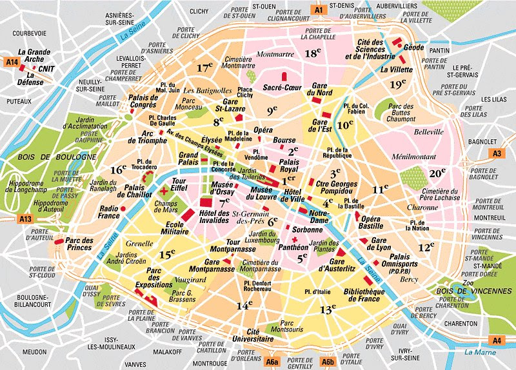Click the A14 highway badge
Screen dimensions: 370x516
click(x=10, y=62)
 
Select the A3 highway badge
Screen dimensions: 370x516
click(x=497, y=153)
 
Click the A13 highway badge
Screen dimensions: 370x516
click(x=26, y=220)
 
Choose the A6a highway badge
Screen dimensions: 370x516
click(x=272, y=362)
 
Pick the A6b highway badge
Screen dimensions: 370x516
click(x=328, y=362)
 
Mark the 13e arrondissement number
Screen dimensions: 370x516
click(x=328, y=309)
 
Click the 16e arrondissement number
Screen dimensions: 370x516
click(x=118, y=170)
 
